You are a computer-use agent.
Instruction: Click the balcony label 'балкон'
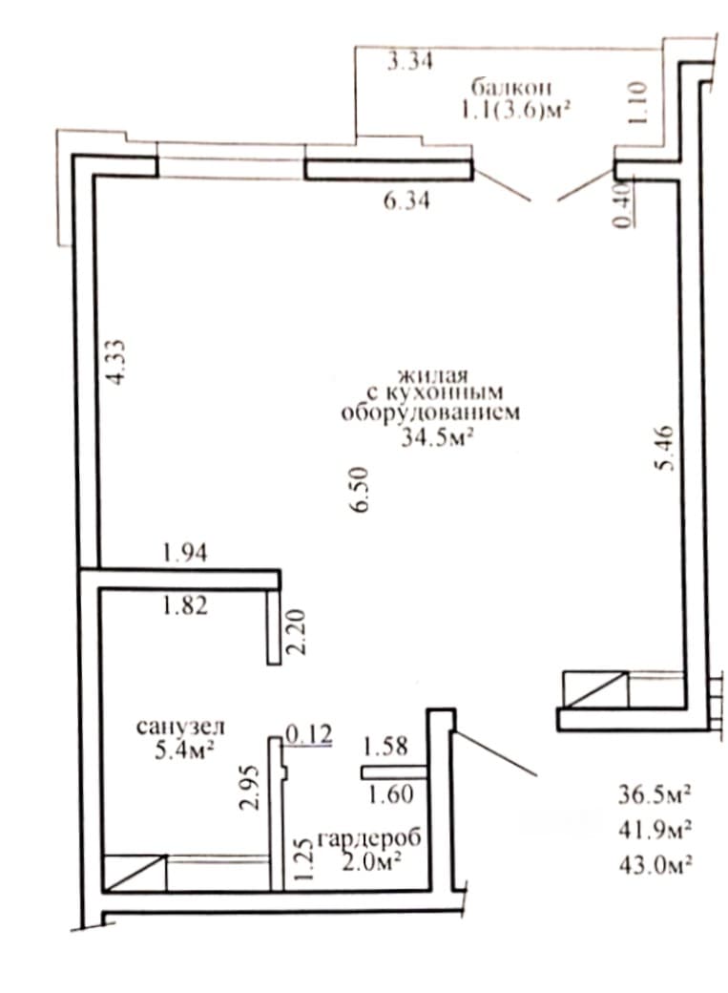pyautogui.click(x=510, y=86)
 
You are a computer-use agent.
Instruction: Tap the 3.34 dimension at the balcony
pyautogui.click(x=409, y=61)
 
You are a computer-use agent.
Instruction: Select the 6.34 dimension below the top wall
pyautogui.click(x=406, y=201)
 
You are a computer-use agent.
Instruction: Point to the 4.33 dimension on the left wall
pyautogui.click(x=116, y=362)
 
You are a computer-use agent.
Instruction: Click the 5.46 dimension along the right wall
pyautogui.click(x=664, y=449)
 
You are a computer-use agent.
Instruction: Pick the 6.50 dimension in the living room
pyautogui.click(x=361, y=490)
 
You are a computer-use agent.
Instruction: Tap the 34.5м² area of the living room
pyautogui.click(x=438, y=437)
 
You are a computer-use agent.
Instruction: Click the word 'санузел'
pyautogui.click(x=180, y=727)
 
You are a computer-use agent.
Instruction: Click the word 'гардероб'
pyautogui.click(x=369, y=838)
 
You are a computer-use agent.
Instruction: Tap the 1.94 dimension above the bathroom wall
pyautogui.click(x=185, y=553)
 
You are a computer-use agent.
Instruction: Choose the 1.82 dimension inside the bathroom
pyautogui.click(x=185, y=606)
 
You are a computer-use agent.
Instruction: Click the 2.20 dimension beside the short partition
pyautogui.click(x=296, y=631)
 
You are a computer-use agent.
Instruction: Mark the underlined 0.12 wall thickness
pyautogui.click(x=309, y=734)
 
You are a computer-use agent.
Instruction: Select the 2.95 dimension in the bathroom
pyautogui.click(x=249, y=788)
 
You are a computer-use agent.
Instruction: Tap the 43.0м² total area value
pyautogui.click(x=655, y=864)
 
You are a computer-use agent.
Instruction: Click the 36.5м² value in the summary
pyautogui.click(x=655, y=794)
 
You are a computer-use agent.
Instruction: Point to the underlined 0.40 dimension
pyautogui.click(x=624, y=204)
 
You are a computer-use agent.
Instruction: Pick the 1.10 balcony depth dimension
pyautogui.click(x=637, y=102)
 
